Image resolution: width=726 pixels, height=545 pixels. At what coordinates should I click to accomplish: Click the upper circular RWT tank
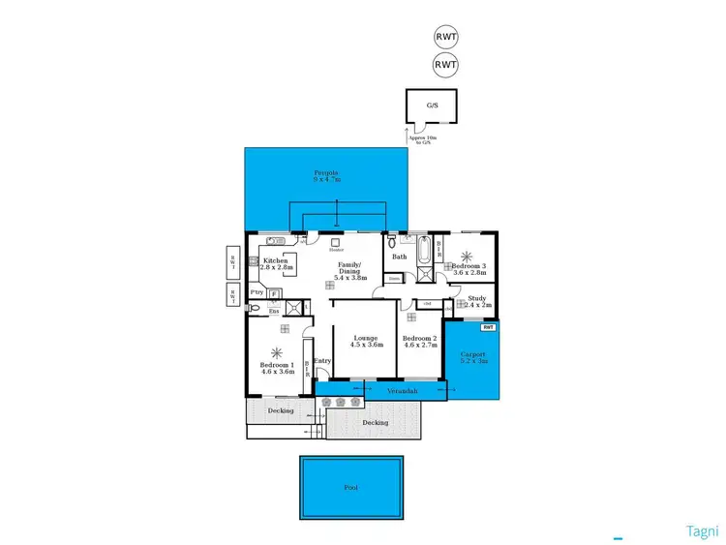click(x=445, y=40)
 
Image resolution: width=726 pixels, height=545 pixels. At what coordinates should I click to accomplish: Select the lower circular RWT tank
click(x=445, y=66)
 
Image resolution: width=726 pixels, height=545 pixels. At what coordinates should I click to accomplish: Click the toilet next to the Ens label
click(x=254, y=310)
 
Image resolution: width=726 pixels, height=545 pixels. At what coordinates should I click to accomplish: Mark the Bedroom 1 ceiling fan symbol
click(x=279, y=352)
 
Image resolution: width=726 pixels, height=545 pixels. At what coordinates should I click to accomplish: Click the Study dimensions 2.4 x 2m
click(x=478, y=305)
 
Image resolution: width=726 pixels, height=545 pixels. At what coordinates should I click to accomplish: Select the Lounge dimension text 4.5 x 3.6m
click(x=365, y=345)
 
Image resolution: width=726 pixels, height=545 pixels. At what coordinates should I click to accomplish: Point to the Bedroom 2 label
click(x=421, y=338)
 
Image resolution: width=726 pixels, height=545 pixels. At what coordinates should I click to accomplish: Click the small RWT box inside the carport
click(x=489, y=327)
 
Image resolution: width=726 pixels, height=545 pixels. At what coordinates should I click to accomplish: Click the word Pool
click(x=350, y=488)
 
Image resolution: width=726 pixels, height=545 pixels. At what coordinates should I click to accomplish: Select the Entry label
click(x=322, y=361)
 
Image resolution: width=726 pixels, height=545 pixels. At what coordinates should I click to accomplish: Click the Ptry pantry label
click(x=257, y=292)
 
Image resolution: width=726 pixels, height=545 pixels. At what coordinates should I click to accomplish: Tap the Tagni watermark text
click(x=702, y=530)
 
